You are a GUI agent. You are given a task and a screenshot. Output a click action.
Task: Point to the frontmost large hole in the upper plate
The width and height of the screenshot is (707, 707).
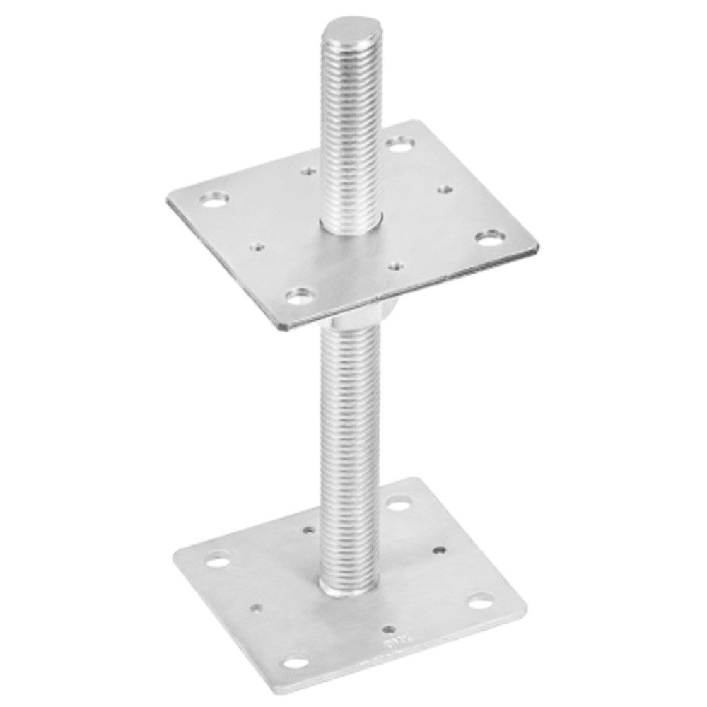(x=302, y=294)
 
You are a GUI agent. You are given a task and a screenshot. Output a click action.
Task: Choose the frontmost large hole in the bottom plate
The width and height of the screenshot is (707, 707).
(x=298, y=662)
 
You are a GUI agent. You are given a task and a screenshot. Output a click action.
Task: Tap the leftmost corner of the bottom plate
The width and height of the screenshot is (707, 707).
(x=175, y=566)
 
